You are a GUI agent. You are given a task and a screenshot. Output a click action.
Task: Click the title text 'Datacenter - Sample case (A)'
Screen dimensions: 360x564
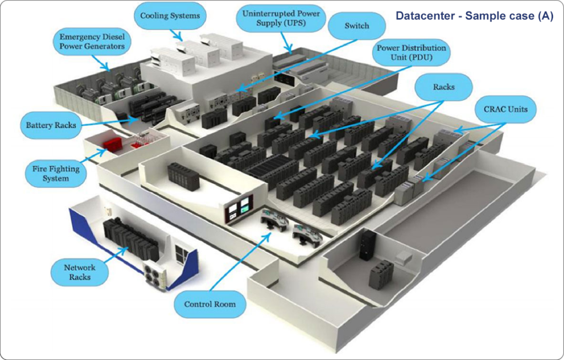(474, 16)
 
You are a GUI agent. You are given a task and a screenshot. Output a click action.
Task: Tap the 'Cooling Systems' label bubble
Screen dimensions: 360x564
(169, 16)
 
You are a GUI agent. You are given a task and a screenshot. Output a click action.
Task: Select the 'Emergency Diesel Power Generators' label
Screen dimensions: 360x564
(92, 42)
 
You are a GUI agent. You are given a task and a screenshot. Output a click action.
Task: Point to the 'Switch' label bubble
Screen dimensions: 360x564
(356, 26)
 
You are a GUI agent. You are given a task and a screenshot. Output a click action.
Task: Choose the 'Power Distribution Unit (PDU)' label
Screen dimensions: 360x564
(411, 52)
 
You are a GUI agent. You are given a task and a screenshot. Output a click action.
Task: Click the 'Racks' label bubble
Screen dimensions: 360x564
(444, 86)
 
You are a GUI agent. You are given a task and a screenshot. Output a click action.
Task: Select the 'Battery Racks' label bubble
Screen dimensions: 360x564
(50, 126)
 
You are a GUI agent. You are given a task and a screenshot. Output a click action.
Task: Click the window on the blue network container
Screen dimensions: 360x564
(181, 253)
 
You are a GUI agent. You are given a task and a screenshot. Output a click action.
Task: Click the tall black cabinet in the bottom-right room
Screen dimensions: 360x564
(367, 244)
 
